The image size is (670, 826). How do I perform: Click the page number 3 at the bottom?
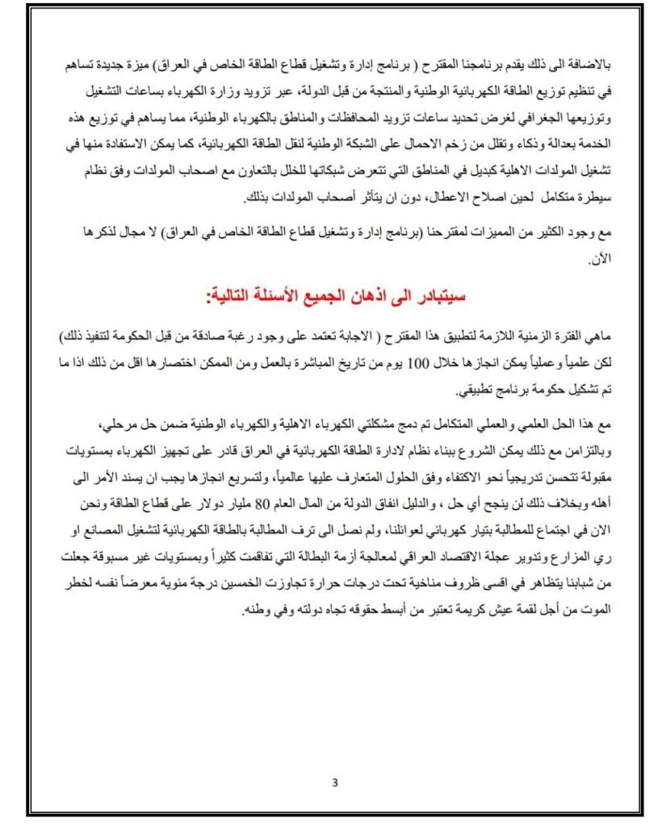(335, 782)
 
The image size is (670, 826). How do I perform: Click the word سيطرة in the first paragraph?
(600, 198)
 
